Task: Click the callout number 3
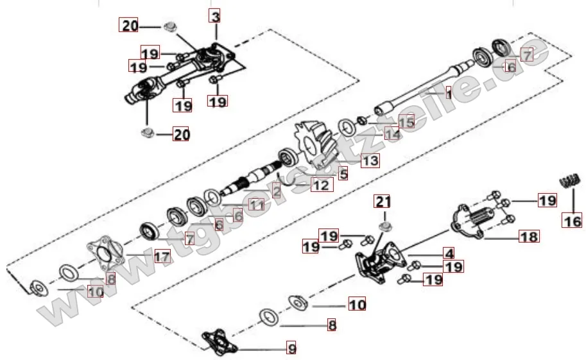(215, 15)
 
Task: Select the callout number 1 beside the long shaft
(449, 94)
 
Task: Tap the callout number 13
(369, 160)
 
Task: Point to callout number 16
(572, 221)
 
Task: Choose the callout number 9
(291, 349)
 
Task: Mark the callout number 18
(530, 237)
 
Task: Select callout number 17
(162, 257)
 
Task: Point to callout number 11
(256, 205)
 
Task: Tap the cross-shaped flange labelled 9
(219, 341)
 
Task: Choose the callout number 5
(343, 173)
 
